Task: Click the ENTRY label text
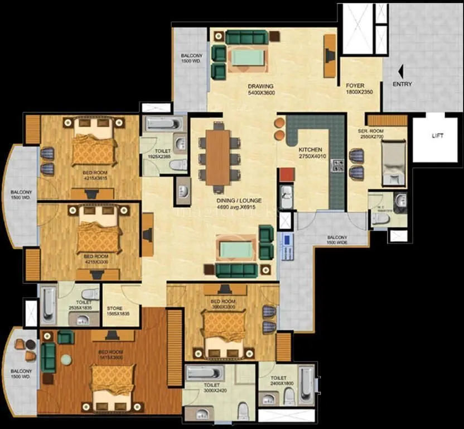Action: (402, 84)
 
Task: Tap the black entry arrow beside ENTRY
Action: (400, 71)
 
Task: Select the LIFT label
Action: (438, 136)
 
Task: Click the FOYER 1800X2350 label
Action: (355, 89)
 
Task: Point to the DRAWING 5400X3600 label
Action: (260, 89)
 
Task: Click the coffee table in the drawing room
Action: (245, 58)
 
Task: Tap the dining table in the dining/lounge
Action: (217, 157)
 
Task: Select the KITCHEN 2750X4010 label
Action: (310, 153)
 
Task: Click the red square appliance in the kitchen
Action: (286, 174)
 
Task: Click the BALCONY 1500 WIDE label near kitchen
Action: (337, 240)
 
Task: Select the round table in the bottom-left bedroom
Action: (66, 360)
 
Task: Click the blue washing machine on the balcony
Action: (287, 240)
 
